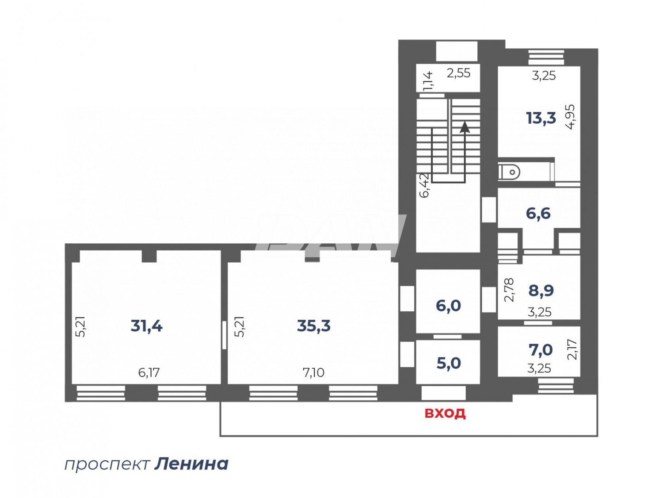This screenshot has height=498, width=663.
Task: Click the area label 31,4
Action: tap(147, 326)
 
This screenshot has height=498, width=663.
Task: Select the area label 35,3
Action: tap(314, 326)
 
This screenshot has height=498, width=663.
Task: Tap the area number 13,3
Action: tap(541, 118)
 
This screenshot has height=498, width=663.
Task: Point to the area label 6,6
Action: tap(538, 213)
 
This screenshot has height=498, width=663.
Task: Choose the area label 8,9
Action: tap(541, 291)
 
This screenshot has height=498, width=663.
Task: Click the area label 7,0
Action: tap(541, 350)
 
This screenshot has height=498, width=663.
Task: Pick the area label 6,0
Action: tap(448, 306)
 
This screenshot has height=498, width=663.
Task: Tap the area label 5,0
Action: tap(449, 363)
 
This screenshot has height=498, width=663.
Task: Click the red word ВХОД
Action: tap(445, 413)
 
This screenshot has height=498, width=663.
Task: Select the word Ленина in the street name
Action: tap(191, 464)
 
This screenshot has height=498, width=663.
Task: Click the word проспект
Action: tap(107, 464)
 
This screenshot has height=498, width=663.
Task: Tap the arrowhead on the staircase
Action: tap(465, 127)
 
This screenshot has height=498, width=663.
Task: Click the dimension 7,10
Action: tap(313, 372)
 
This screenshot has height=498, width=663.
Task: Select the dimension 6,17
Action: tap(149, 372)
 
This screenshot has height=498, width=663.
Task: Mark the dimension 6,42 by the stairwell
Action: tap(424, 185)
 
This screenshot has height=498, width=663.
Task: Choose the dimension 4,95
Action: tap(571, 116)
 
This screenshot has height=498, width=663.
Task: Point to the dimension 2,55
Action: tap(458, 73)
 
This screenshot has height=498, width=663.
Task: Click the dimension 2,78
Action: tap(509, 290)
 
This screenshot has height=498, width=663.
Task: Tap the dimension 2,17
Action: tap(572, 349)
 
